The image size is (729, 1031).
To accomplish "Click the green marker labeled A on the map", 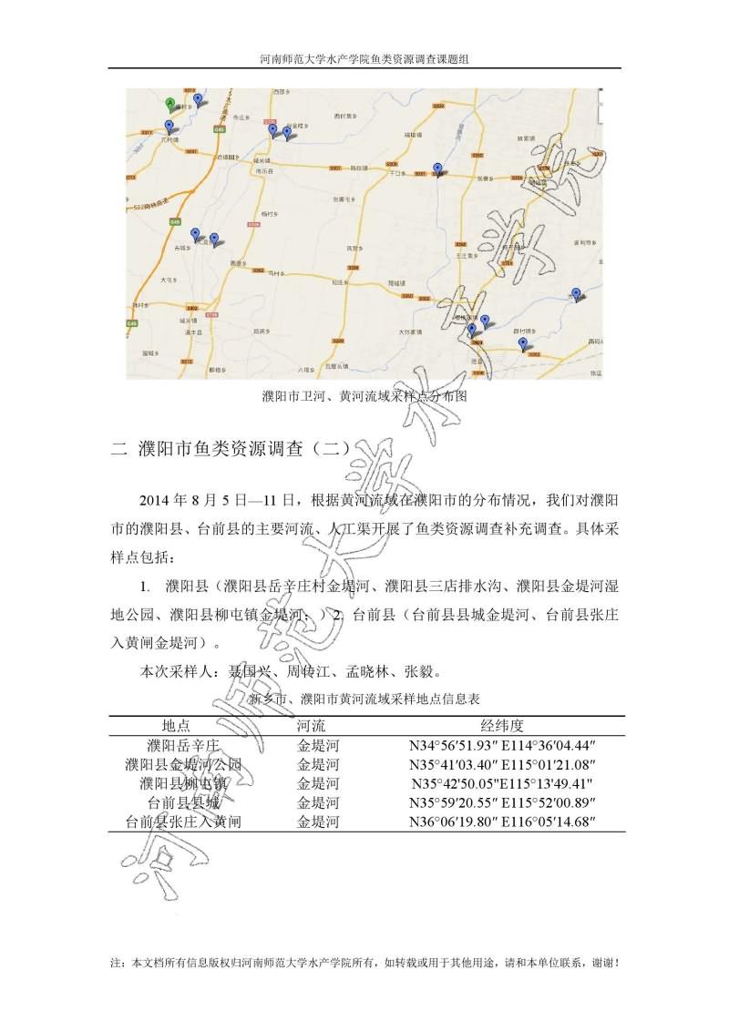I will (169, 103).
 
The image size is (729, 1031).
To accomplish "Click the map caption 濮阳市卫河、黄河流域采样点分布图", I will (364, 397).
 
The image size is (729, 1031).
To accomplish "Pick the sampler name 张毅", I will (424, 674).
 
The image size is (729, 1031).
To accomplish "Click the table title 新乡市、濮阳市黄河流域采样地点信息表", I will (364, 699).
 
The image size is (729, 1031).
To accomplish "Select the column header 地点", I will (176, 726).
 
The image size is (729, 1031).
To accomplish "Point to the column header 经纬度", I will (502, 726).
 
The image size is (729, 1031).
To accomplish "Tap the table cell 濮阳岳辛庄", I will (176, 745).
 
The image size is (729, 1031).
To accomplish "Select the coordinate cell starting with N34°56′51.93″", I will (502, 745).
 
